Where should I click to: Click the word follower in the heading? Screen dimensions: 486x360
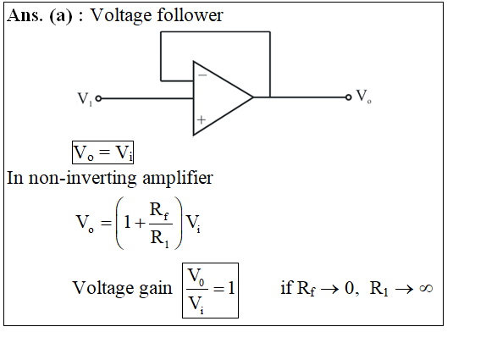(190, 15)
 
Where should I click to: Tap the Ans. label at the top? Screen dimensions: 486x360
(25, 15)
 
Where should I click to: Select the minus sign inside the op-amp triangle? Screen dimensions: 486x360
(202, 75)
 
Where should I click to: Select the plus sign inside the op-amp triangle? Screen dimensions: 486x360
(202, 119)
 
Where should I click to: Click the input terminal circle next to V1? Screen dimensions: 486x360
(98, 98)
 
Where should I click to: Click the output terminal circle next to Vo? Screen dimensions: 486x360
(348, 97)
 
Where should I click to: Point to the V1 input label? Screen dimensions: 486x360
(85, 99)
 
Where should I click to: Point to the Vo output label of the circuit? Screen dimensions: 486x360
(363, 96)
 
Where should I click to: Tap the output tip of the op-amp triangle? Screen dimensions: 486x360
(253, 97)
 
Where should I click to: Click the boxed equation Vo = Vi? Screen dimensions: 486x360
(103, 152)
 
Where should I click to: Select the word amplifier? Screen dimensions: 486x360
(178, 178)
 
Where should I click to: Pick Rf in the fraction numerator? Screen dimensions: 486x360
(159, 211)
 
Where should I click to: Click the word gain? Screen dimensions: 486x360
(156, 289)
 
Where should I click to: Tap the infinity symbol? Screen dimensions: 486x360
(426, 288)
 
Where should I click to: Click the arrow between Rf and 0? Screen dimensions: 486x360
(329, 290)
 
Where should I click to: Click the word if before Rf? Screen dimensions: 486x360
(286, 287)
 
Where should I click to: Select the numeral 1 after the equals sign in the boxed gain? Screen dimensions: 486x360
(231, 288)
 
